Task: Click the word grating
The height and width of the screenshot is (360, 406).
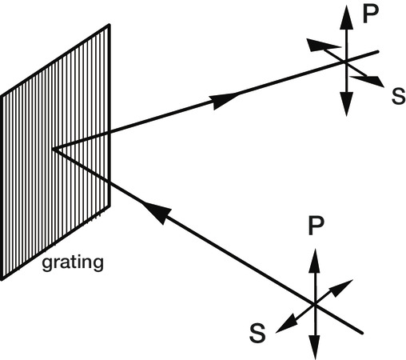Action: (x=73, y=263)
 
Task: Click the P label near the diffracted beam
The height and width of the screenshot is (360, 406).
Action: (x=371, y=14)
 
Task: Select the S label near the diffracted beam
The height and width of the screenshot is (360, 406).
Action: (x=398, y=96)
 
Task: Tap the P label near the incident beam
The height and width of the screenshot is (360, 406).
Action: (x=316, y=226)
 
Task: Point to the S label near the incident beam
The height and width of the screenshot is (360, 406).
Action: (x=257, y=333)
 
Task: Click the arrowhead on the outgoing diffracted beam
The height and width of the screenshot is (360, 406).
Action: (x=225, y=101)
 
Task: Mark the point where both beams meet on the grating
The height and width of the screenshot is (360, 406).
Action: (x=54, y=150)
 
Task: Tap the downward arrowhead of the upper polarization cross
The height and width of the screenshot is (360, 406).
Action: (x=346, y=104)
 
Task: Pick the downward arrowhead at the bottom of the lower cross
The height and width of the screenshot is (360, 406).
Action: (x=315, y=347)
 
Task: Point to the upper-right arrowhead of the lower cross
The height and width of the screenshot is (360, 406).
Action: (x=342, y=288)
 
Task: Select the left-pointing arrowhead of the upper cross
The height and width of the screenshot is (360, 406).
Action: (x=322, y=44)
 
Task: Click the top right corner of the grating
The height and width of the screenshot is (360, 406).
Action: (x=109, y=25)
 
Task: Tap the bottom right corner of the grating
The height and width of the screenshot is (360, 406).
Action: (x=109, y=206)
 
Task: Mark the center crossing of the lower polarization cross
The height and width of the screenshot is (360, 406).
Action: (x=315, y=304)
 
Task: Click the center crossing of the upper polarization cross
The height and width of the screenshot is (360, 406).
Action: (x=346, y=62)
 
